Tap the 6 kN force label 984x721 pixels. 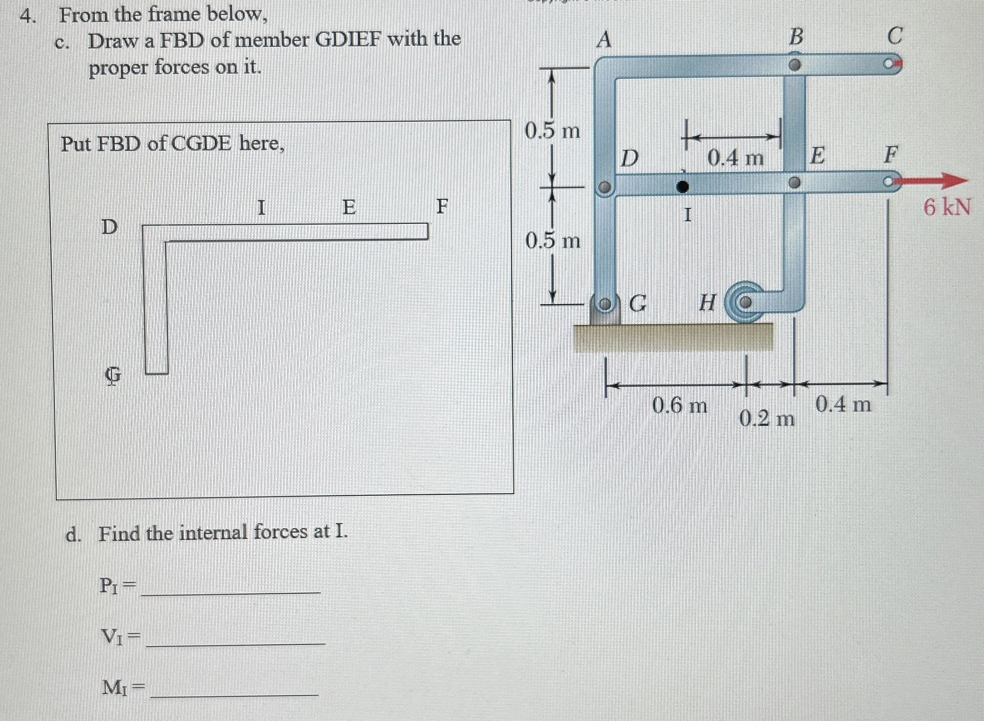947,207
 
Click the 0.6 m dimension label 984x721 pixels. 680,406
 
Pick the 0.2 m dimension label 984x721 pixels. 767,420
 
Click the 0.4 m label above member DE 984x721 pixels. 735,158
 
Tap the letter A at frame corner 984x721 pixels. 604,41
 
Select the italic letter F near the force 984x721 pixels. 891,155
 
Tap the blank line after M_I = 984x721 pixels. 236,691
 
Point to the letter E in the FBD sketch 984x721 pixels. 348,207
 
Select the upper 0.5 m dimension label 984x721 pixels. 552,130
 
